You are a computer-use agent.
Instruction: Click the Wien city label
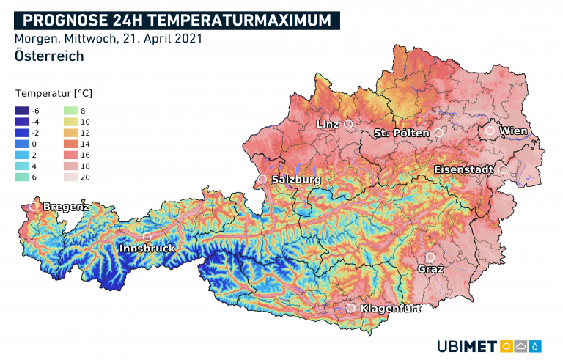click(514, 131)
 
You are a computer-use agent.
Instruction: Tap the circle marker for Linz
click(348, 125)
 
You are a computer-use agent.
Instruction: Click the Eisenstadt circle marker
click(503, 169)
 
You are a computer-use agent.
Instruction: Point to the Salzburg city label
click(296, 179)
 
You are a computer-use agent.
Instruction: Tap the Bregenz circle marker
click(33, 207)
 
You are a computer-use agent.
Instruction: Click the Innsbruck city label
click(147, 249)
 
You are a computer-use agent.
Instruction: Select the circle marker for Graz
click(430, 257)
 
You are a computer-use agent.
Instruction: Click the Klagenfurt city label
click(391, 309)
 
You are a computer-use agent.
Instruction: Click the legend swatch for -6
click(22, 110)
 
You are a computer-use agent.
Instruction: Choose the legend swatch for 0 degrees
click(22, 144)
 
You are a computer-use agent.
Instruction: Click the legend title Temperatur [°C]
click(54, 94)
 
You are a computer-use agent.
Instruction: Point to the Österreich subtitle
click(48, 56)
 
